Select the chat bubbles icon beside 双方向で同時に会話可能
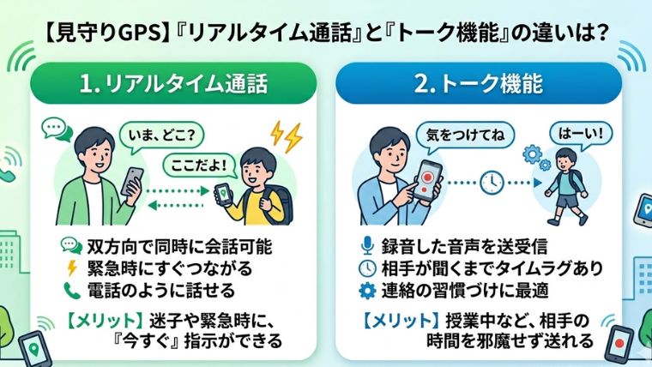[x=71, y=246]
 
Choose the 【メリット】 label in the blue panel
[x=399, y=322]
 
